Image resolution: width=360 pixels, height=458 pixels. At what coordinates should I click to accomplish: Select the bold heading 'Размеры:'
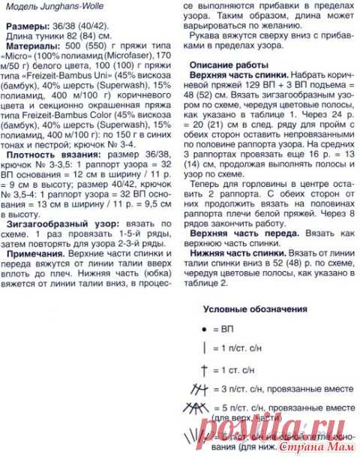[x=28, y=26]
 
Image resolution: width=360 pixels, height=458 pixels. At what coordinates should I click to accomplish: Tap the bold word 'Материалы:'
[x=32, y=45]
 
